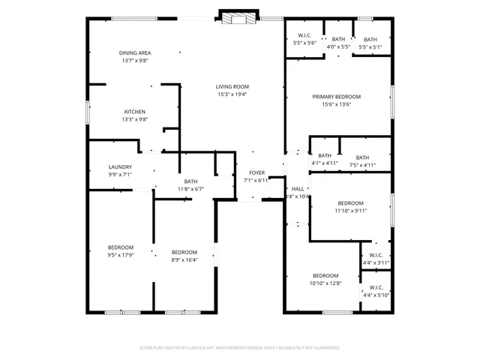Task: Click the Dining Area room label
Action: click(x=135, y=52)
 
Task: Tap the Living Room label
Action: click(x=232, y=86)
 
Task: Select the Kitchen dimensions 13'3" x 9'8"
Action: click(x=135, y=119)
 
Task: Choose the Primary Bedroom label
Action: click(x=337, y=97)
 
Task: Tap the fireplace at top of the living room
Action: click(x=239, y=18)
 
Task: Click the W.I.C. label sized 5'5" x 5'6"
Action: click(x=304, y=35)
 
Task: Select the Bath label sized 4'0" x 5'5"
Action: click(x=339, y=39)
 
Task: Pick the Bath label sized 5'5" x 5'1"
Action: click(x=370, y=39)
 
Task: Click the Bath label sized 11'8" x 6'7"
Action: click(x=190, y=181)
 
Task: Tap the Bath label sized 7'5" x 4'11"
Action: click(x=362, y=157)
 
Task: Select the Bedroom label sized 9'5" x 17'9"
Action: click(x=120, y=247)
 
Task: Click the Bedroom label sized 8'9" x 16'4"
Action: click(x=184, y=252)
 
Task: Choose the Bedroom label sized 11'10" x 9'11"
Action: click(x=350, y=203)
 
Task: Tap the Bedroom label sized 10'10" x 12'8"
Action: click(x=325, y=275)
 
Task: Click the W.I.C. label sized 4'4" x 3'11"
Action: click(x=376, y=255)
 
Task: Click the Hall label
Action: click(x=298, y=189)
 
